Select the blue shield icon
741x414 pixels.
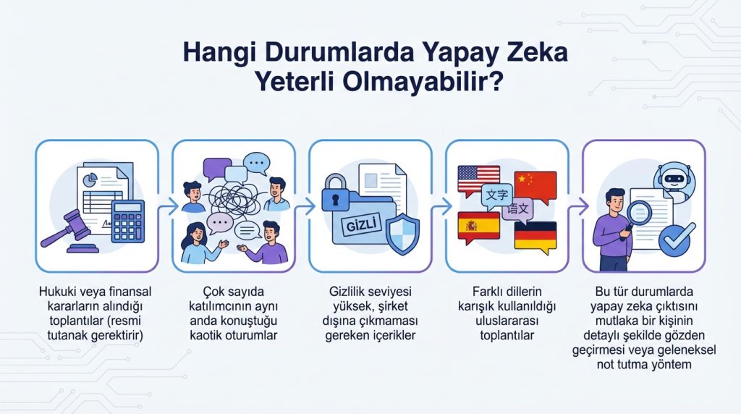point(400,233)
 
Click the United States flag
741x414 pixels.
point(478,178)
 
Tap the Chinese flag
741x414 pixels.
point(535,185)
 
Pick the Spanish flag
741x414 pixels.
point(478,226)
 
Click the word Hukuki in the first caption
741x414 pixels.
point(59,292)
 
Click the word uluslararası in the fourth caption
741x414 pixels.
point(507,321)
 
